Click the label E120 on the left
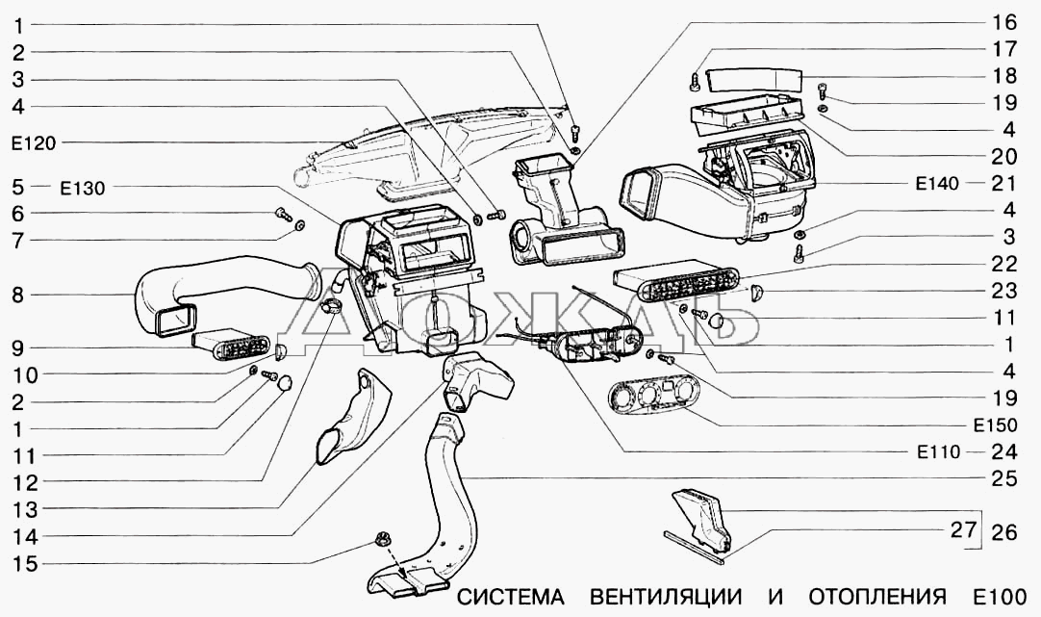click(34, 142)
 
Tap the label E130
click(83, 189)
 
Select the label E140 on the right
click(937, 183)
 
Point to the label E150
click(995, 425)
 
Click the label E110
click(939, 452)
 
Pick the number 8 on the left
click(18, 295)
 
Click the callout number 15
click(26, 564)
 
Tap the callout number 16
click(1003, 22)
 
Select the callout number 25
click(1003, 478)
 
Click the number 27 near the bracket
click(963, 529)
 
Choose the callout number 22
click(1003, 264)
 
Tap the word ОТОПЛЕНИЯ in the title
click(877, 597)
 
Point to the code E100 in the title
click(1000, 597)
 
